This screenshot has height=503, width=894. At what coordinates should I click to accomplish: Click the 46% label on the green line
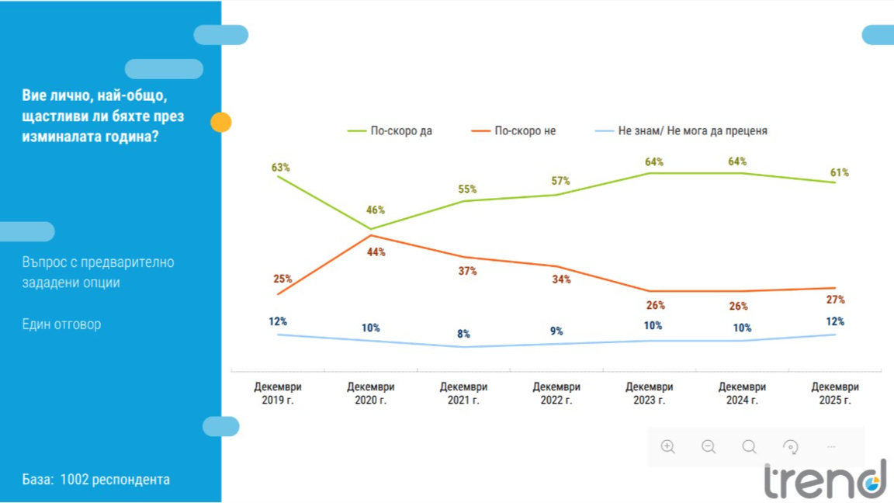[x=376, y=210]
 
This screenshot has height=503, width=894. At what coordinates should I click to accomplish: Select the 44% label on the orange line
[x=376, y=252]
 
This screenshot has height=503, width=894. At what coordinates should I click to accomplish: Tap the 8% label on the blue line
[x=463, y=334]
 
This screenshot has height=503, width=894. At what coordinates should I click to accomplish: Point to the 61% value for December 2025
[x=839, y=172]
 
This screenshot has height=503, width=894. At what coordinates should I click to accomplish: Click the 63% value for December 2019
[x=280, y=168]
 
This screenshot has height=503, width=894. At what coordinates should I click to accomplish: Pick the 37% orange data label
[x=467, y=271]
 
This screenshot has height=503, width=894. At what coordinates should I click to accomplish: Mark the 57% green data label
[x=560, y=181]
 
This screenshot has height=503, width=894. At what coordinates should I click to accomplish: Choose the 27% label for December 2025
[x=835, y=300]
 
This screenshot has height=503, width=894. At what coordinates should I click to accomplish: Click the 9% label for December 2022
[x=556, y=331]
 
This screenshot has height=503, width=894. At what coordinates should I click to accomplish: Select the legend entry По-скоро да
[x=400, y=131]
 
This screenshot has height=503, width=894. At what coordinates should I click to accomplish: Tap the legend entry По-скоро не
[x=525, y=131]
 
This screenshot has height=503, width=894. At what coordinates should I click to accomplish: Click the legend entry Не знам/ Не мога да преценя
[x=692, y=131]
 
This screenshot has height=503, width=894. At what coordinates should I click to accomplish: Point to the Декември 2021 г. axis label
[x=463, y=394]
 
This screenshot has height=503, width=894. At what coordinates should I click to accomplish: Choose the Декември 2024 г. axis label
[x=742, y=394]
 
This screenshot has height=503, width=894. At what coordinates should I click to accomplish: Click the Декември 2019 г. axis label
[x=278, y=394]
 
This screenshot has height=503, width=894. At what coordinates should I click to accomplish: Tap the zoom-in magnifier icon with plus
[x=667, y=446]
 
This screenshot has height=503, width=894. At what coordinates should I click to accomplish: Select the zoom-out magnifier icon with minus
[x=709, y=446]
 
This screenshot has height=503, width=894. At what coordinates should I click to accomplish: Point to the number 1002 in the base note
[x=74, y=479]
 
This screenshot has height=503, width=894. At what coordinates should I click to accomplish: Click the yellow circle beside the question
[x=221, y=122]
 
